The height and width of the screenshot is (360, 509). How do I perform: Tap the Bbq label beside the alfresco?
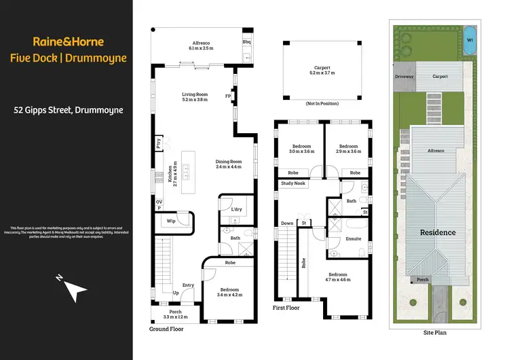coord(246,41)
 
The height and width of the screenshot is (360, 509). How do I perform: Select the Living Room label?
coord(195,94)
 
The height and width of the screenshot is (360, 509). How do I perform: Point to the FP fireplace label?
coord(228,96)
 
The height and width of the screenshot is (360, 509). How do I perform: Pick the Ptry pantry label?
coord(159,144)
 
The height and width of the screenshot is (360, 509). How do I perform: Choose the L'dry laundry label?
coord(236,209)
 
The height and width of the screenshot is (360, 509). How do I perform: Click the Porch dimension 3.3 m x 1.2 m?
coord(175,317)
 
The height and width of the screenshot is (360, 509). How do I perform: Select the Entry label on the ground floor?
coord(187,285)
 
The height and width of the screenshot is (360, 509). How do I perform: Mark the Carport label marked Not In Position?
coord(322,68)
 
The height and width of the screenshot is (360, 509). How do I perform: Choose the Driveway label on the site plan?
coord(404,77)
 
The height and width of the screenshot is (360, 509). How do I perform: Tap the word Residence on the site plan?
coord(437,232)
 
